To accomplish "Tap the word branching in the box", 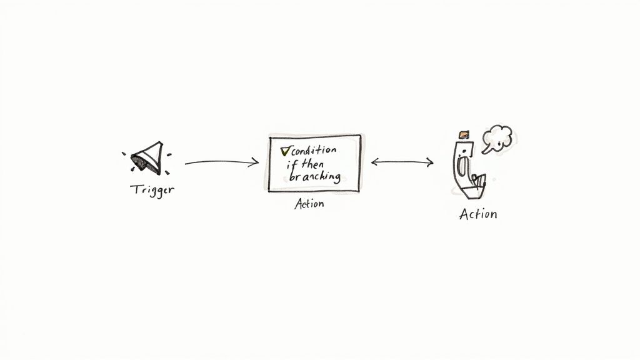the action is tap(312, 177).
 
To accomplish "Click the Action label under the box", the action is tap(309, 204).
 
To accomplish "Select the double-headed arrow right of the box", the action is tap(402, 162).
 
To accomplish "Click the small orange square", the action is tap(464, 134).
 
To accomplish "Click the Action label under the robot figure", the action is tap(478, 214).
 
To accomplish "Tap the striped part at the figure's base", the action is tap(477, 181).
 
